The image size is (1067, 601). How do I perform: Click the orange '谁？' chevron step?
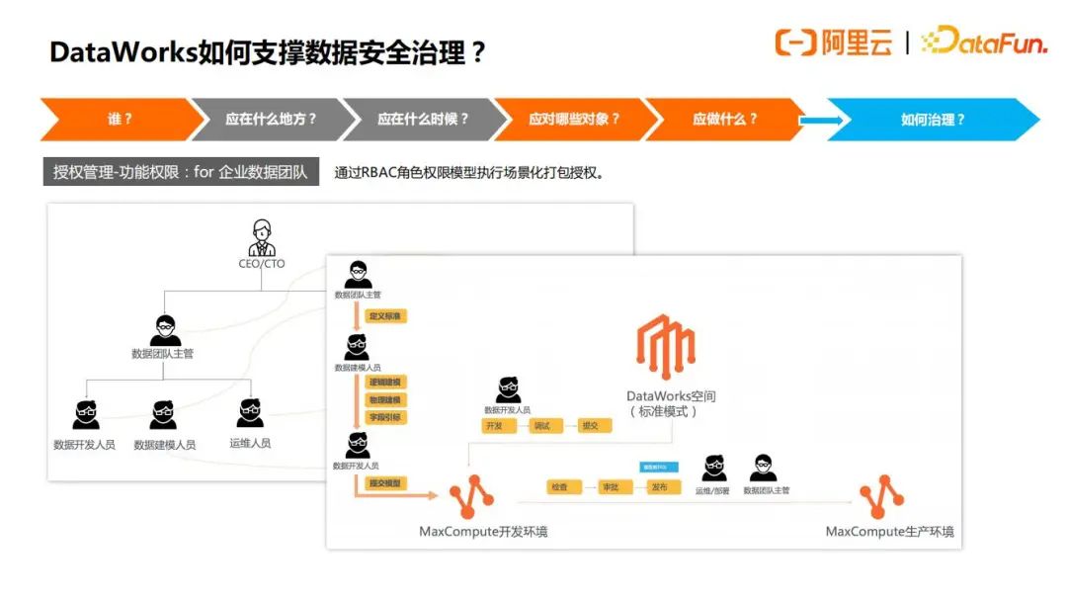pyautogui.click(x=119, y=120)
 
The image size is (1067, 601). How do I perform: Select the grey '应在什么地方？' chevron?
pyautogui.click(x=270, y=120)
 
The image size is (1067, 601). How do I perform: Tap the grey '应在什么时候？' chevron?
pyautogui.click(x=422, y=120)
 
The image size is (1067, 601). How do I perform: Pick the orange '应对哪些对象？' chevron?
pyautogui.click(x=574, y=120)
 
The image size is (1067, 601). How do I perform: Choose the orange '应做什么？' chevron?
pyautogui.click(x=725, y=120)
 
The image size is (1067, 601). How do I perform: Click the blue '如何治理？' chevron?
pyautogui.click(x=933, y=120)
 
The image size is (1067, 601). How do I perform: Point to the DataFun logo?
pyautogui.click(x=983, y=42)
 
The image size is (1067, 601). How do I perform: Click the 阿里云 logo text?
pyautogui.click(x=856, y=43)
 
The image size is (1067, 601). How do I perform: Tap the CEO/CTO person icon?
pyautogui.click(x=262, y=237)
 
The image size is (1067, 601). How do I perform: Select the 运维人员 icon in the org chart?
pyautogui.click(x=250, y=413)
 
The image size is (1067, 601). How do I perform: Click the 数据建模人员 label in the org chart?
pyautogui.click(x=164, y=445)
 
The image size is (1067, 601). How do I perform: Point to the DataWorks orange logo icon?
pyautogui.click(x=666, y=346)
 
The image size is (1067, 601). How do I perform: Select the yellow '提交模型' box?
pyautogui.click(x=385, y=483)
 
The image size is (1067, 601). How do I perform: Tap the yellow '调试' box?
pyautogui.click(x=541, y=426)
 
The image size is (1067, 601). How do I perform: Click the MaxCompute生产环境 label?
pyautogui.click(x=889, y=532)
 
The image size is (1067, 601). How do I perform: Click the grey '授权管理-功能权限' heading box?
pyautogui.click(x=181, y=172)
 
